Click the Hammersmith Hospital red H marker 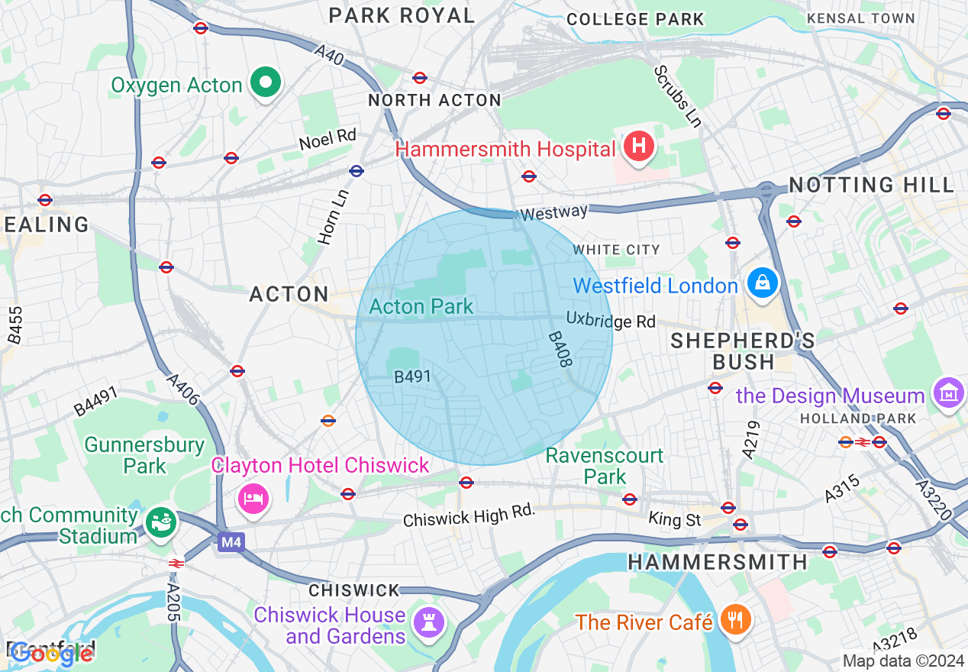pos(639,145)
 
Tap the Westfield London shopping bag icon pos(762,283)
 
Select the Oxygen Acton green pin pos(266,82)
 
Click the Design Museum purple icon pos(949,393)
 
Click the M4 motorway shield pos(229,542)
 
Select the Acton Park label pos(421,307)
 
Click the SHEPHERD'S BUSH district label pos(742,351)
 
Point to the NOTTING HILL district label pos(871,185)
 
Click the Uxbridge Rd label pos(611,320)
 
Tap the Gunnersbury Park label pos(144,455)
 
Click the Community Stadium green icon pos(161,523)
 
